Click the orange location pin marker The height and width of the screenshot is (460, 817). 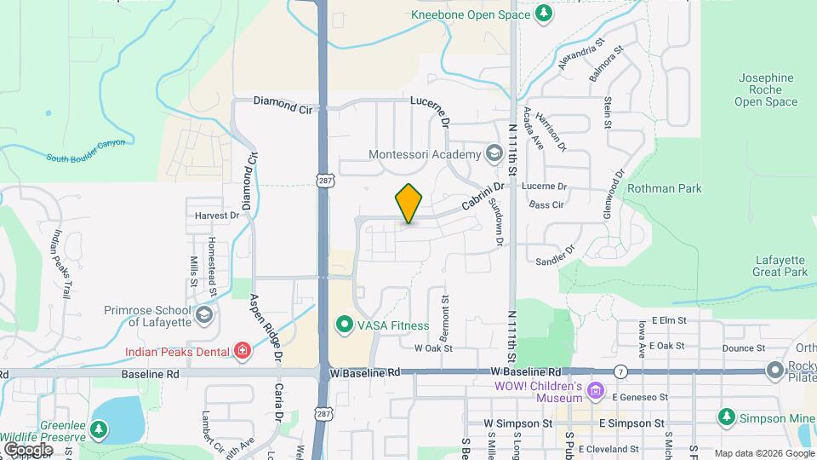pos(408,204)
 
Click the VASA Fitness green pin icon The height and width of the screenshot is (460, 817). pos(345,325)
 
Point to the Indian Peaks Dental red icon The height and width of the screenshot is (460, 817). pos(243,351)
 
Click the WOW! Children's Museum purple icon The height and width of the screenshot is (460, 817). pos(596,392)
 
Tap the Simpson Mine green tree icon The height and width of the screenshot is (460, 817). pos(726,417)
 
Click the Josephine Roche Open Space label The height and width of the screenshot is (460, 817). pos(766,89)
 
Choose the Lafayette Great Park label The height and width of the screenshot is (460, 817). pos(780,266)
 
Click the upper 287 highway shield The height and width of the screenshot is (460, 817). pos(324,181)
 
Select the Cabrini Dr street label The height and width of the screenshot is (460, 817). pos(477,200)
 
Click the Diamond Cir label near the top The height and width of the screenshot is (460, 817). pos(283,106)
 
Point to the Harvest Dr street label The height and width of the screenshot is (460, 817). pos(217,216)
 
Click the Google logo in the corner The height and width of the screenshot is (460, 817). pos(28,449)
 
